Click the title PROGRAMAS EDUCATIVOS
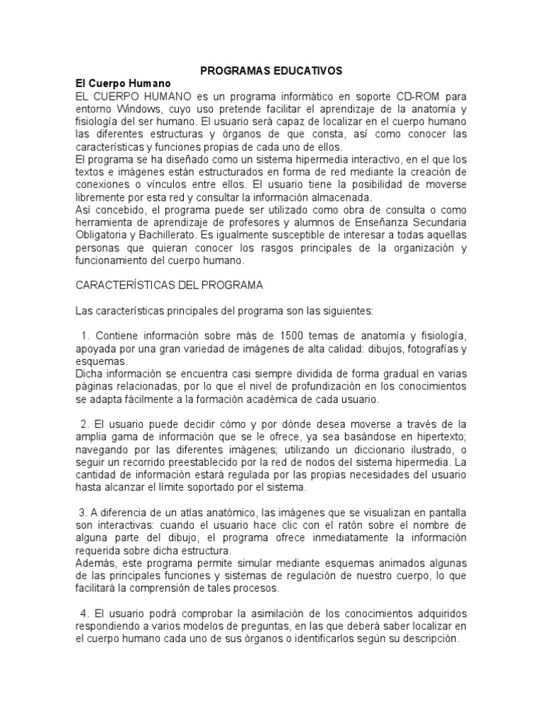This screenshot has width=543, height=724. click(x=271, y=71)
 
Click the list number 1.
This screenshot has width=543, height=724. click(x=86, y=335)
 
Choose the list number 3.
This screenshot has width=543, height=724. click(x=81, y=512)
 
